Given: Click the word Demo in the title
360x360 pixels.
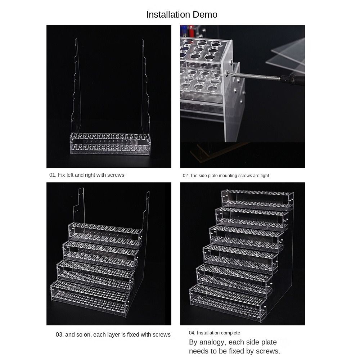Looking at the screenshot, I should [x=205, y=15].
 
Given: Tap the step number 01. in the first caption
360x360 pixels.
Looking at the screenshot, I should [x=53, y=175].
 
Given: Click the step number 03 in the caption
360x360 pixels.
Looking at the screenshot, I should [x=59, y=334].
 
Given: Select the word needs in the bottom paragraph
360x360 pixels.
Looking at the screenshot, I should [x=200, y=351].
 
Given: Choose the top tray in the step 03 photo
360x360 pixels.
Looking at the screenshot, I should [x=104, y=234].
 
